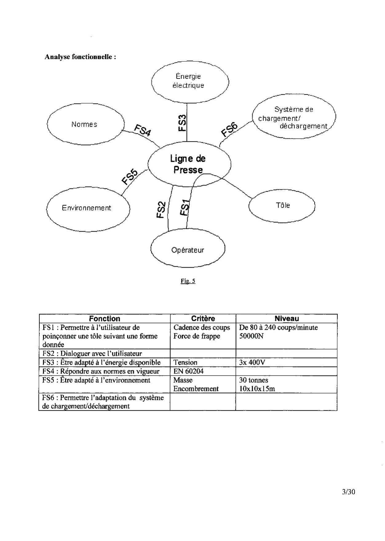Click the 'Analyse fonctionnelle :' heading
coord(80,57)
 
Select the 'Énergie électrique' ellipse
coord(190,81)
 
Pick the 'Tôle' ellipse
coord(282,205)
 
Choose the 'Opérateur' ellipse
coord(188,250)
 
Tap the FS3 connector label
coord(182,123)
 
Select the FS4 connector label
coord(142,130)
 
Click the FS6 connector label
coord(229,129)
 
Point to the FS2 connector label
coord(161,210)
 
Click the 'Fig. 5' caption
coord(188,281)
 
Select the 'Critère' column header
coord(203,318)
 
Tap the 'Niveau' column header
coord(286,318)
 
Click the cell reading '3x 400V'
coord(252,362)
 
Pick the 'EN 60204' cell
coord(189,371)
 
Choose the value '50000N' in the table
coord(251,336)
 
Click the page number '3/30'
coord(348,492)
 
